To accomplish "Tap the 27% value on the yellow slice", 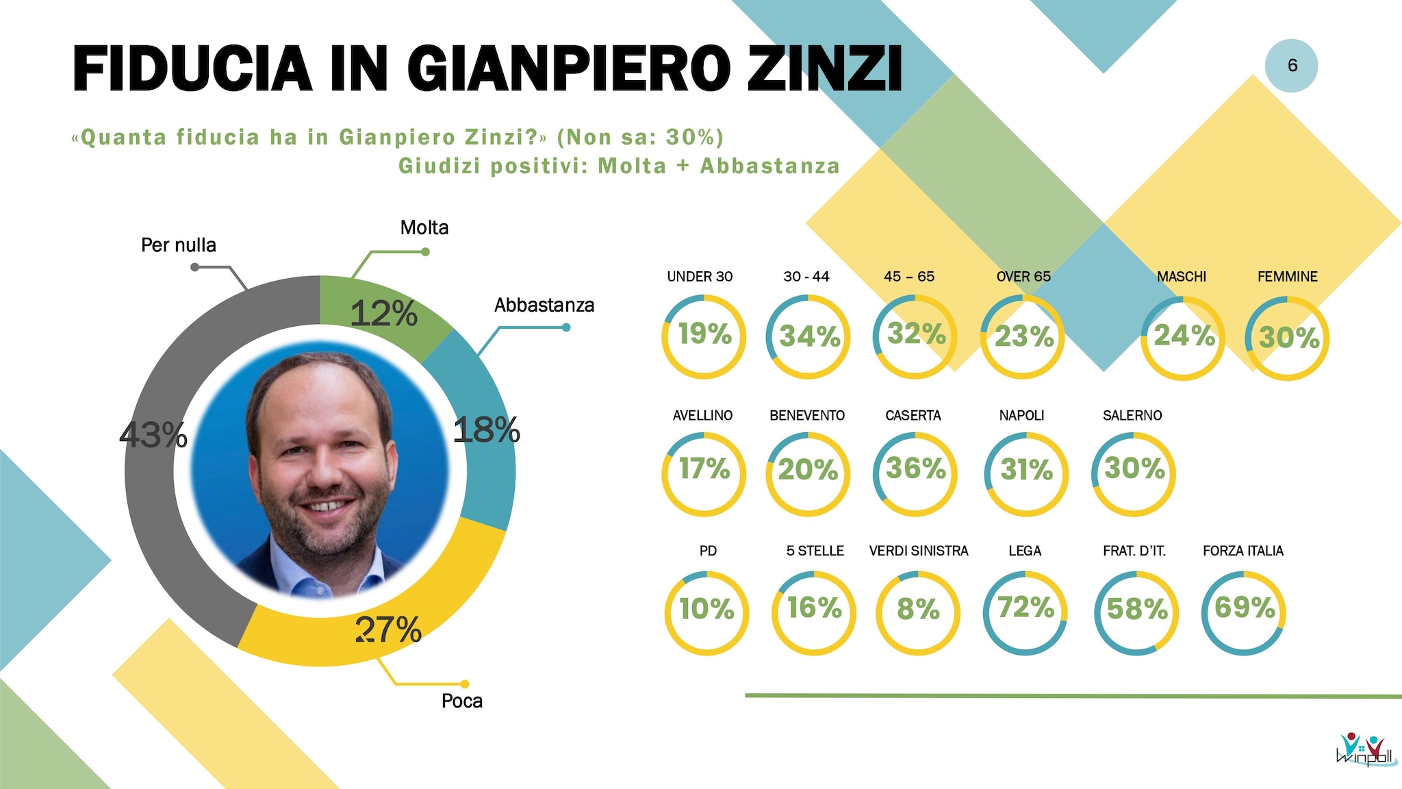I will tap(388, 629).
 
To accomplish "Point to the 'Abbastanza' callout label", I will tap(544, 305).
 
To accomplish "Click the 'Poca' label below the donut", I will tap(462, 701).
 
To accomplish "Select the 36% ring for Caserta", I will tap(915, 473).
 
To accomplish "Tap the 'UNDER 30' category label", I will tap(700, 277).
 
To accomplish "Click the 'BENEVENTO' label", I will tap(807, 416).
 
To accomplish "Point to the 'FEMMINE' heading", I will tap(1287, 277).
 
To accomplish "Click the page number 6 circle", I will tap(1292, 66).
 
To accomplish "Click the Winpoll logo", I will tap(1366, 750).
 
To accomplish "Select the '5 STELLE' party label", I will tap(815, 551).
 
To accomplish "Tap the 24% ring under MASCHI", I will tap(1183, 338).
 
